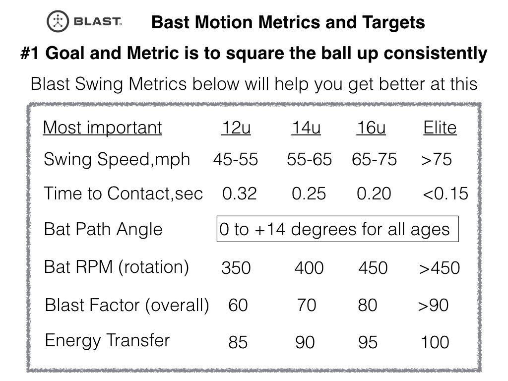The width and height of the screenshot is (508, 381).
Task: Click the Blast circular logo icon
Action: (x=59, y=22)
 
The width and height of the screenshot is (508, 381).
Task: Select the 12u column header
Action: (x=236, y=128)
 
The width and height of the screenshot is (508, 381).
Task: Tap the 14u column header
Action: (x=306, y=128)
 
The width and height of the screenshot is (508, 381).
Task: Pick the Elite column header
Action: (x=440, y=128)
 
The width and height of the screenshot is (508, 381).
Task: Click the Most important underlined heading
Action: (x=102, y=128)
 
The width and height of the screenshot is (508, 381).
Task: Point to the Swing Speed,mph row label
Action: (x=117, y=160)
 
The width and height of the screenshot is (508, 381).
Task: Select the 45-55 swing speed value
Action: (x=236, y=160)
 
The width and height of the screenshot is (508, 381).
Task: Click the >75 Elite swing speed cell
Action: (x=437, y=160)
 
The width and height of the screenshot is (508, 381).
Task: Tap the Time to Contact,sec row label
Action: (x=123, y=193)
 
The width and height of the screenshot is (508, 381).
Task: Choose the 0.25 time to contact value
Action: (x=309, y=193)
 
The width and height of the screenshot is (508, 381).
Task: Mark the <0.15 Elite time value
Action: (x=445, y=193)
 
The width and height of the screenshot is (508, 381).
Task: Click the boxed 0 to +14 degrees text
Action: (x=337, y=230)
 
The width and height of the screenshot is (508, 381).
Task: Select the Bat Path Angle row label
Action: (x=103, y=230)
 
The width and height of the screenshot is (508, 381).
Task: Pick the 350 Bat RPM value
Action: (x=236, y=268)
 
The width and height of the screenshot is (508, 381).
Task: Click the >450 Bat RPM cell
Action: (x=440, y=268)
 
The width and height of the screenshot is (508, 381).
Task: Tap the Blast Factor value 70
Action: (x=307, y=305)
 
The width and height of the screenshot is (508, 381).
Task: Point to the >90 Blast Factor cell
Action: (x=433, y=305)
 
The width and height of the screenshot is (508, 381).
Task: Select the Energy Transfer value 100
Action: (x=435, y=342)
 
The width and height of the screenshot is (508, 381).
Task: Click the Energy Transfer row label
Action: (x=107, y=341)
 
